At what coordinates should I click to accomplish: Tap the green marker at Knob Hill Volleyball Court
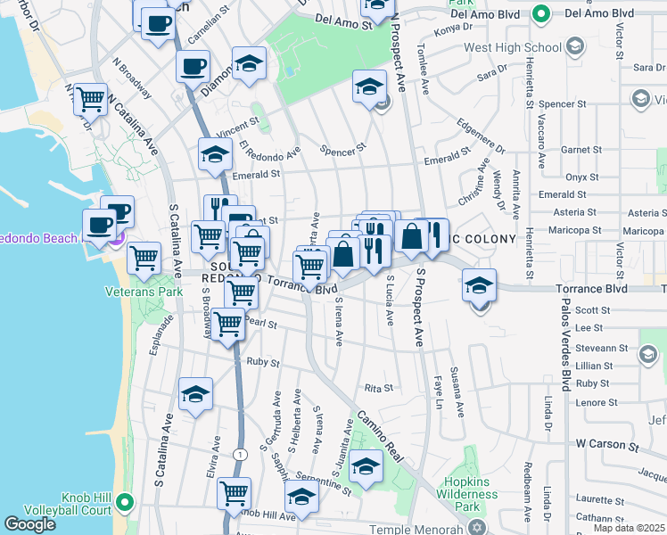[x=126, y=504]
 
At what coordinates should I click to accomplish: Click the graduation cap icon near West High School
[x=575, y=46]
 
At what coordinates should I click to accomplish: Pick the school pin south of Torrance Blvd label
[x=480, y=287]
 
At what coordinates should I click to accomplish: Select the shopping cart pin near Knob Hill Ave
[x=234, y=493]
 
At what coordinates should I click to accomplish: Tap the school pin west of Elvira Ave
[x=195, y=395]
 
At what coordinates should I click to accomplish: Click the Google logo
[x=30, y=524]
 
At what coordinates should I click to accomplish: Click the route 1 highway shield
[x=238, y=455]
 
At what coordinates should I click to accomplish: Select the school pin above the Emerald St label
[x=215, y=155]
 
